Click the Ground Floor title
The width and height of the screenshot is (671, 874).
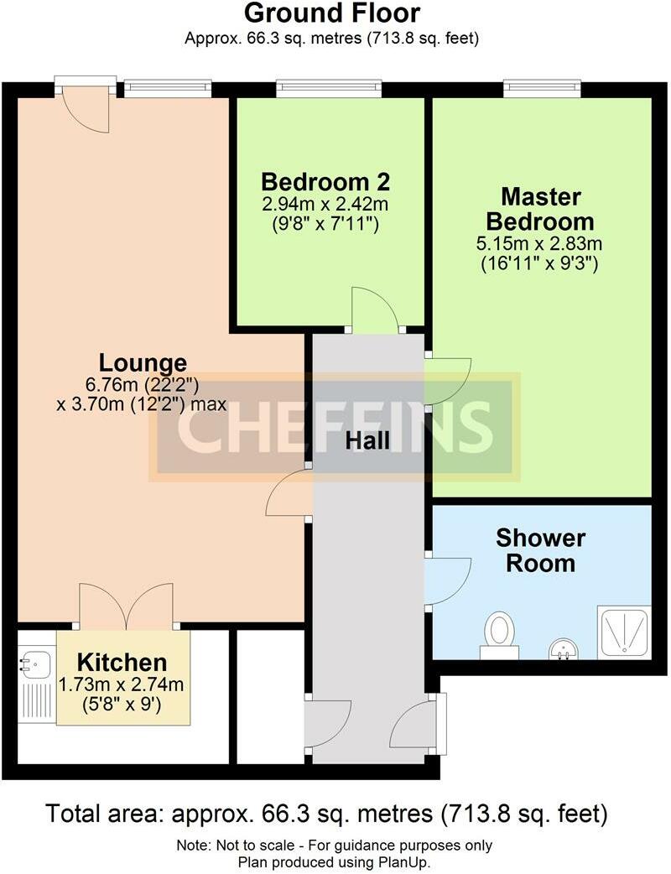(x=332, y=13)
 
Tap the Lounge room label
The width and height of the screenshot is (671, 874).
(x=143, y=363)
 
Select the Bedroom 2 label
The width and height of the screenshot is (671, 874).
(x=325, y=182)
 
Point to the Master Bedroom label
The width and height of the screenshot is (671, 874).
(x=541, y=210)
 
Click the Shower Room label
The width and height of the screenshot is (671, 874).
(x=541, y=549)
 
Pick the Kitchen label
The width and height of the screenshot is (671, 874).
(x=122, y=662)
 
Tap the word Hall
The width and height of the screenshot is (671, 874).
(x=367, y=440)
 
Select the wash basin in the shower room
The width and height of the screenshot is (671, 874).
(x=561, y=649)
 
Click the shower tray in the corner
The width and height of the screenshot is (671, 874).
(x=623, y=631)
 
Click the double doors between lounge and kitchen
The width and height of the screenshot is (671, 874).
(x=127, y=606)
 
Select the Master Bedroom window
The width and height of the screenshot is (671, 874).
(x=542, y=85)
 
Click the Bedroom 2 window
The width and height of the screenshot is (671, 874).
(x=330, y=85)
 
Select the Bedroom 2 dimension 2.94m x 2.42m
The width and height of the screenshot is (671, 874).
(x=325, y=204)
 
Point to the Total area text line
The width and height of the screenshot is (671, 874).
(x=326, y=814)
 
